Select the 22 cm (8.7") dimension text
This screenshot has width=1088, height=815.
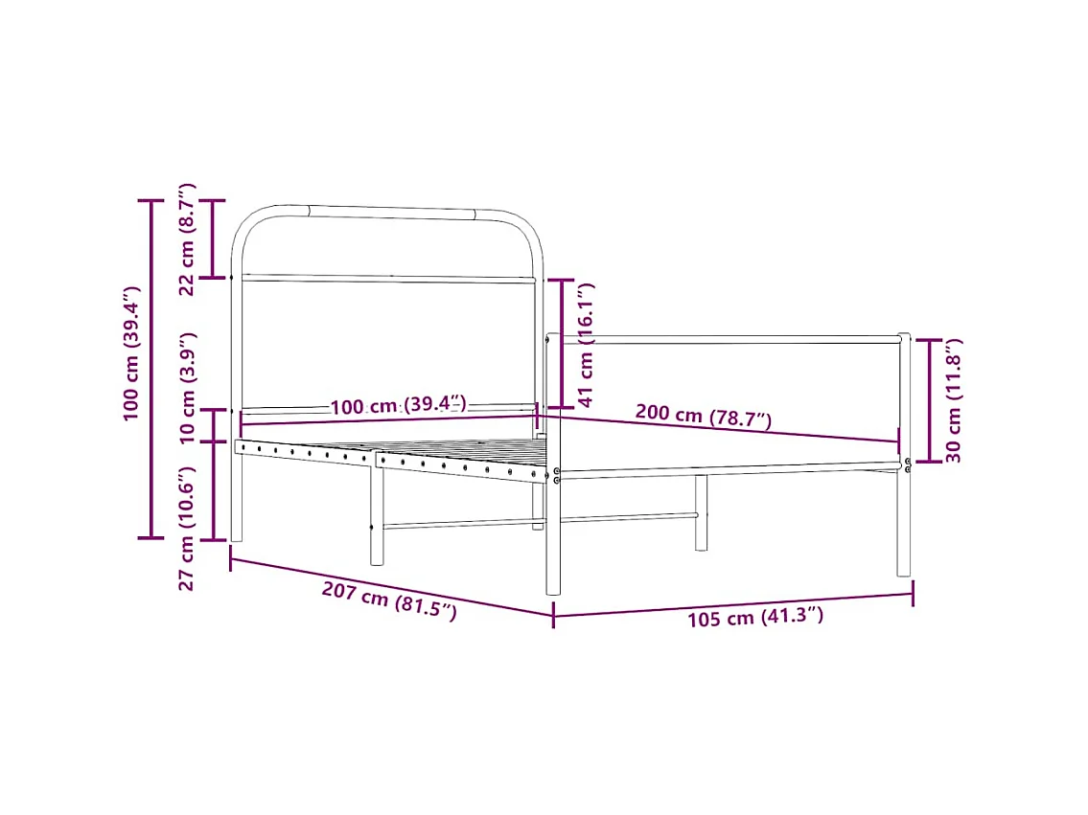coord(188,238)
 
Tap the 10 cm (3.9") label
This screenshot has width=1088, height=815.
coord(188,387)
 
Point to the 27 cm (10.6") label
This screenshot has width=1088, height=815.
coord(188,528)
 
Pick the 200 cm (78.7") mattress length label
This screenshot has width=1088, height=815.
coord(703,416)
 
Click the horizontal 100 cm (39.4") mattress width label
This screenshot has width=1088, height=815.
coord(398,406)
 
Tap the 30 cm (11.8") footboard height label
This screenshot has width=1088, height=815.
coord(954,400)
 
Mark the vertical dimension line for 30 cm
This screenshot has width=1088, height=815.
coord(929,400)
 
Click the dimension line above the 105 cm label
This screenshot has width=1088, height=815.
coord(733,604)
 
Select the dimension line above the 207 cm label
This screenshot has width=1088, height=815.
coord(391,585)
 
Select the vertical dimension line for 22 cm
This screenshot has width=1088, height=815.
coord(213,238)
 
